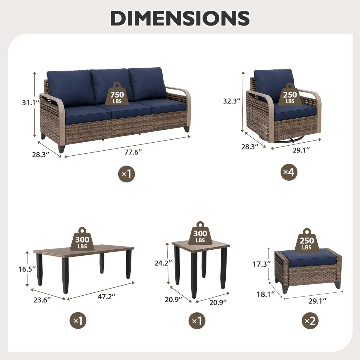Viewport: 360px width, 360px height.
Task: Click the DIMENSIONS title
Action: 180,18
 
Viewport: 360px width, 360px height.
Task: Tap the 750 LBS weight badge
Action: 117,95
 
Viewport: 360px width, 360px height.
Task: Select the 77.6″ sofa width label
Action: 133,152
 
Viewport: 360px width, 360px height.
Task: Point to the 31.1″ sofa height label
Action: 31,103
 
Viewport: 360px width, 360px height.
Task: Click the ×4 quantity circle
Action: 289,172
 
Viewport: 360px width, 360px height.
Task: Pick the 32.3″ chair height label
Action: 232,101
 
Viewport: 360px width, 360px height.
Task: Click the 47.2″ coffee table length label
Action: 106,296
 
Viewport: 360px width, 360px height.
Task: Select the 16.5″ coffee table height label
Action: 27,269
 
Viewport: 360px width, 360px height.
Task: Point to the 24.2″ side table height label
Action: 163,263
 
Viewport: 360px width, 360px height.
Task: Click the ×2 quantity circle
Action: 310,321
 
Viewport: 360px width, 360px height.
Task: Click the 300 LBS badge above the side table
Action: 200,235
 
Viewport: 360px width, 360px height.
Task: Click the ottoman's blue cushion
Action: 305,257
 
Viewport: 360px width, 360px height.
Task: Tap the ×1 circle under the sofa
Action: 127,174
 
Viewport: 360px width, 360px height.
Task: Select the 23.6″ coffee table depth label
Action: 42,300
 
